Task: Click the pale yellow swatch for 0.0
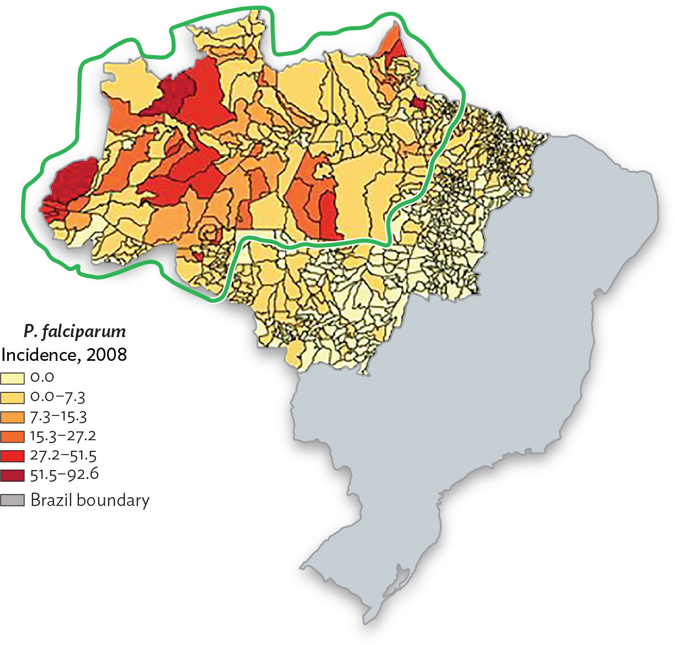coord(12,378)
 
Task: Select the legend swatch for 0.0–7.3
coord(12,397)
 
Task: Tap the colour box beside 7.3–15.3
coord(12,417)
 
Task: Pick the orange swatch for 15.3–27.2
coord(12,436)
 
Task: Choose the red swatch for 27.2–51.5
coord(12,456)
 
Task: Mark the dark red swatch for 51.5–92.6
coord(12,475)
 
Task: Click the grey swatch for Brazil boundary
coord(12,500)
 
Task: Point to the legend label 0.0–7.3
coord(57,397)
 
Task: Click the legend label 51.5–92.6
coord(64,475)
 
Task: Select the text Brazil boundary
coord(90,500)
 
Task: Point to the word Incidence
coord(39,354)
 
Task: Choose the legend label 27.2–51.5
coord(63,456)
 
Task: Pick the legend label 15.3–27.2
coord(63,436)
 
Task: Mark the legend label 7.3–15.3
coord(59,417)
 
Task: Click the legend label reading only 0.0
coord(42,378)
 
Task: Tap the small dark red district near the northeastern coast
coord(418,103)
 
